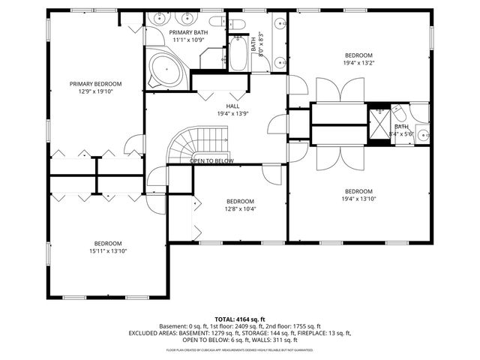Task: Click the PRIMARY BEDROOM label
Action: pos(95,84)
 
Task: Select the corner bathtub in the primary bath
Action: pos(163,70)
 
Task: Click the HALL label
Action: pos(232,106)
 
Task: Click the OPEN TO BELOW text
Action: pos(211,161)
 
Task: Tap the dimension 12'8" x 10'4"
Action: pos(241,208)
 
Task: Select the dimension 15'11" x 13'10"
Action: pos(108,250)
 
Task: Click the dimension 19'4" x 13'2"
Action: pos(358,63)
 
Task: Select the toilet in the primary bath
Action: pos(216,22)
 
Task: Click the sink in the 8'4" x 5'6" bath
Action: pos(421,136)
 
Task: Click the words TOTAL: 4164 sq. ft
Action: pos(240,319)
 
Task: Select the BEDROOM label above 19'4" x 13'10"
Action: pos(358,191)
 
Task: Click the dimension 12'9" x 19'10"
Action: pos(95,91)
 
